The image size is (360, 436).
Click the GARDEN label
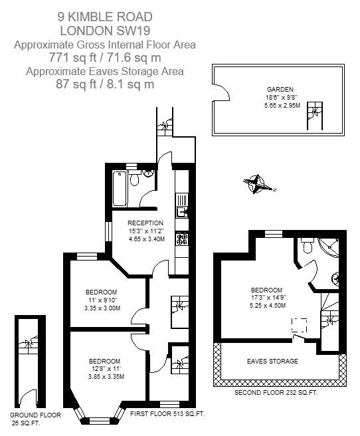280,89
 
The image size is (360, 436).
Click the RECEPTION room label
145,223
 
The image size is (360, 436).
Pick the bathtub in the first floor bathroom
120,188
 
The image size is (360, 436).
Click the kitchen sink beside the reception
181,212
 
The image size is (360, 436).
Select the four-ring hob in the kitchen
182,239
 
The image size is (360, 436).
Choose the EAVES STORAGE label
272,361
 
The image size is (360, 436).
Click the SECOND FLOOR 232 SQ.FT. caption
276,393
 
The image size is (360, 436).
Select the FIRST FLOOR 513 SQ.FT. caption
167,414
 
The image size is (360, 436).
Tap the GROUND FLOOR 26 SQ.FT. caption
35,418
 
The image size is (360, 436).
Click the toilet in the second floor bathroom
306,247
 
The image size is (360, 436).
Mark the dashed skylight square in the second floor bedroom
300,326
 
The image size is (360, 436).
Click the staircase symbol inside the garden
313,118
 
